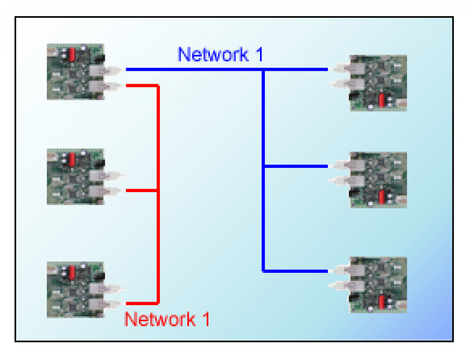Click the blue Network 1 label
pos(220,54)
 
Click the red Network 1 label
pos(167,319)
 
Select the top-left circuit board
pos(76,72)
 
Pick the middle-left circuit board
pos(76,176)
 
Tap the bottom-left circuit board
pos(76,290)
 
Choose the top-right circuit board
pos(378,83)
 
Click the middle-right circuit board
pos(378,180)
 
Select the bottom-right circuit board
pos(378,284)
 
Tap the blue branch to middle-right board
pos(296,166)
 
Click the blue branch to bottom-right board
pos(296,271)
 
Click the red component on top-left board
pos(72,55)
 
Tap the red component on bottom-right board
pos(382,302)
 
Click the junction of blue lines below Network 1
pos(264,70)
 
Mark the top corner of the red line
pos(158,85)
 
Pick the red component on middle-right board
pos(382,197)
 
